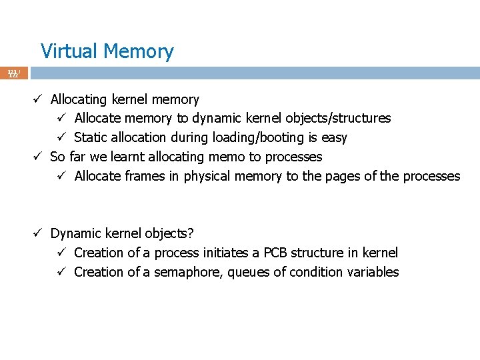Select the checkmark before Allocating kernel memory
click(x=39, y=99)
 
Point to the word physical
click(x=206, y=177)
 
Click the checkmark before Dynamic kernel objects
click(x=39, y=234)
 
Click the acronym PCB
click(x=277, y=253)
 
